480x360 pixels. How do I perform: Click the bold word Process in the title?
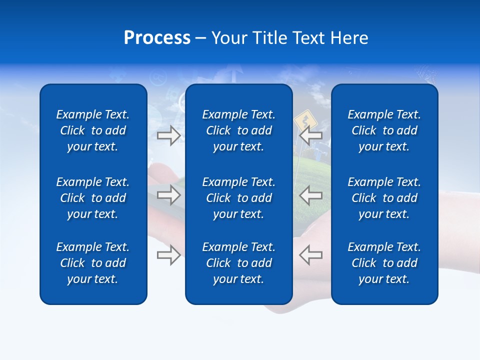point(157,38)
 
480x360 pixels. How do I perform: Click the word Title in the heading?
point(270,38)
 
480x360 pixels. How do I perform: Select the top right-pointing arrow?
point(168,135)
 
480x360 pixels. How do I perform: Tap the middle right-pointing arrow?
point(168,195)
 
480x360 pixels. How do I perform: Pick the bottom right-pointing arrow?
point(168,255)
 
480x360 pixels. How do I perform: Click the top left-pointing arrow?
point(311,135)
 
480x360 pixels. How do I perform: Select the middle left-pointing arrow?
point(311,195)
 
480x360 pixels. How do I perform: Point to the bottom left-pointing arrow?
point(311,255)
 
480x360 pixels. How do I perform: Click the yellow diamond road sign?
point(303,121)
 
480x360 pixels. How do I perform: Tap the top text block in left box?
point(93,130)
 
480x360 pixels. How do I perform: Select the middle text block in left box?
point(93,198)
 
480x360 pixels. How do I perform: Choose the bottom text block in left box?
point(93,263)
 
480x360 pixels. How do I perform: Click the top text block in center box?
point(238,130)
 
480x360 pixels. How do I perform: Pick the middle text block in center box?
point(238,198)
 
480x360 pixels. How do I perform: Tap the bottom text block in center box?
point(238,263)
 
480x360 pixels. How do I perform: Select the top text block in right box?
point(384,130)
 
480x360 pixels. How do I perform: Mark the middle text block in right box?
point(384,198)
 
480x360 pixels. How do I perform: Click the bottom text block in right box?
point(384,263)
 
